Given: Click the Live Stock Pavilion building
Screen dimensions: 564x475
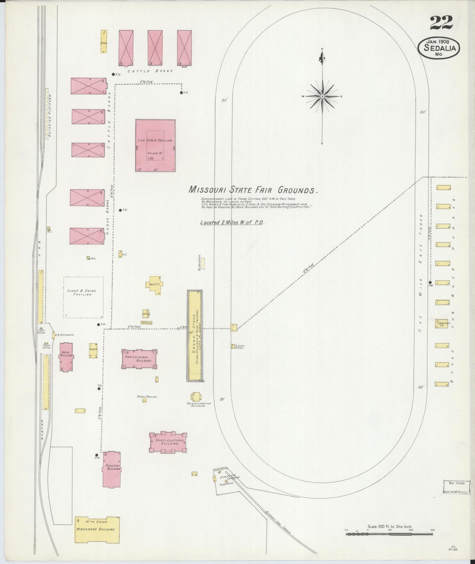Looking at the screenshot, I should (x=155, y=145).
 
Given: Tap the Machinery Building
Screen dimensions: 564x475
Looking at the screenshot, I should (x=97, y=529).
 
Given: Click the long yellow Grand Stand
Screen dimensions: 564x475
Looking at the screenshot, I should (x=195, y=336).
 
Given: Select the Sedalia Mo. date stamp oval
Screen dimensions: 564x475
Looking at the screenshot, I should (x=439, y=48).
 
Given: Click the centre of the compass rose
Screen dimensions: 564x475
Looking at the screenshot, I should (x=322, y=96).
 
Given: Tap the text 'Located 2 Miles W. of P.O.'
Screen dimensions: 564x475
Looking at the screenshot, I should (x=232, y=222).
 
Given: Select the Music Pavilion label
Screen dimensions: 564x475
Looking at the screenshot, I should (x=147, y=397).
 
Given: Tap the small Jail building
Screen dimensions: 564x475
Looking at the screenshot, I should (x=88, y=258).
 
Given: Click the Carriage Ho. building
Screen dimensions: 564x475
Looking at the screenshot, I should (x=442, y=323).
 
